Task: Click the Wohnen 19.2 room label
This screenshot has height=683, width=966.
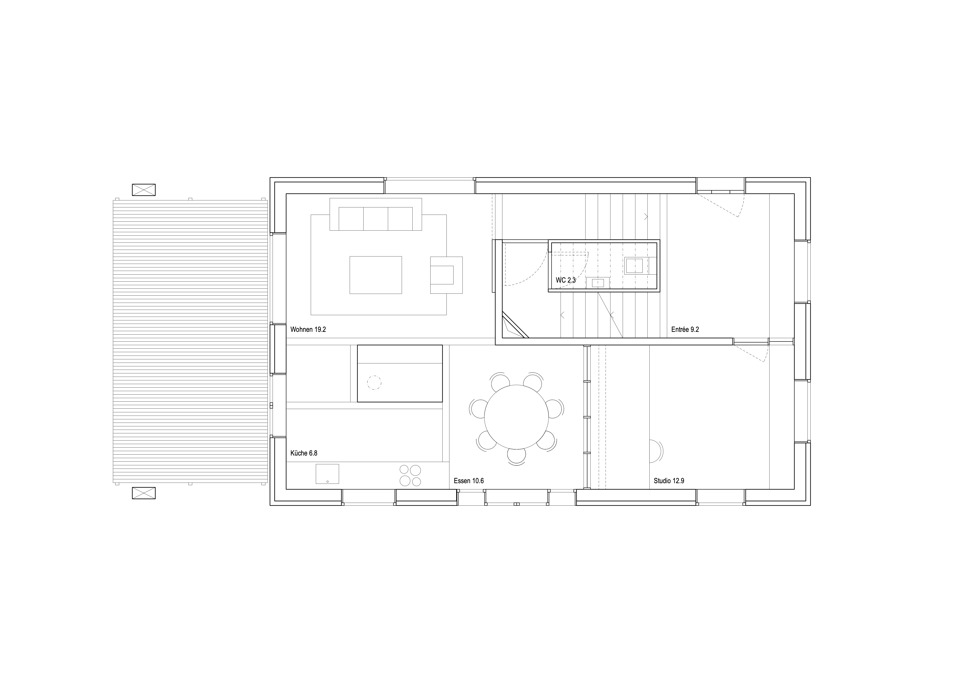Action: [x=308, y=330]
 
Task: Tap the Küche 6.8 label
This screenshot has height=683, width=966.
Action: [x=304, y=453]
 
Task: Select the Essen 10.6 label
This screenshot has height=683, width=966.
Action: [x=469, y=481]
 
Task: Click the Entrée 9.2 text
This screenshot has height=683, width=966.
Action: [x=685, y=330]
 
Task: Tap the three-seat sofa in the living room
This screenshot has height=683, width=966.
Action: [x=376, y=214]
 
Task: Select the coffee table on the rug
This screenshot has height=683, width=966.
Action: [x=376, y=275]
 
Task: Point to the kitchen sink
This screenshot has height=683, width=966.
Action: [x=327, y=474]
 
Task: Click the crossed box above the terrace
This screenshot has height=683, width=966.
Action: [x=144, y=190]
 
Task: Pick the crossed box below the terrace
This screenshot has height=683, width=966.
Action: [x=144, y=493]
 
